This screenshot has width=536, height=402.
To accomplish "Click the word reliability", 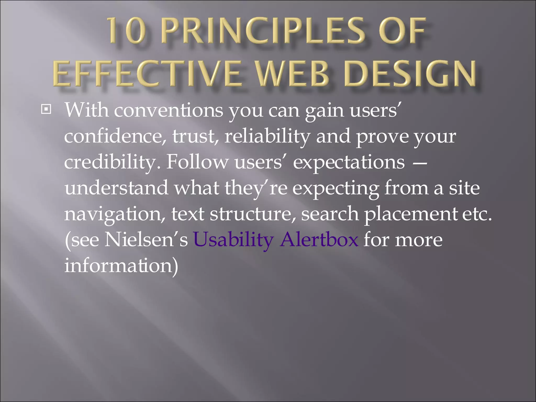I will click(267, 136).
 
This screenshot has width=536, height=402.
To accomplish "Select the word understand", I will click(116, 188).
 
